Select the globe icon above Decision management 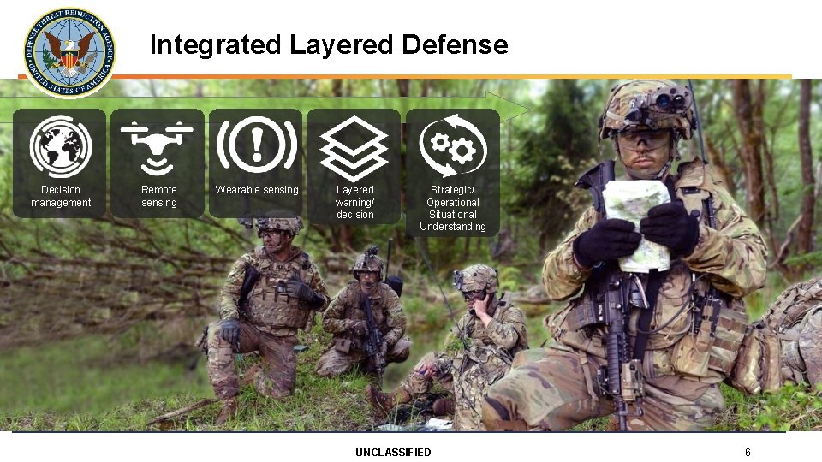(x=60, y=146)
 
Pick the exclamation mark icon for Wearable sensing (x=256, y=145)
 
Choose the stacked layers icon (x=354, y=146)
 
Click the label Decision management (x=61, y=196)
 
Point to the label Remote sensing (x=159, y=196)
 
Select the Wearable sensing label (x=257, y=190)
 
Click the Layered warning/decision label (x=355, y=202)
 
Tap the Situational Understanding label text (x=453, y=221)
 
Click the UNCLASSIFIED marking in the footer (x=393, y=452)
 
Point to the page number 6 (x=748, y=452)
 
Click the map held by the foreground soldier (x=635, y=224)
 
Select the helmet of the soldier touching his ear (x=478, y=278)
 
